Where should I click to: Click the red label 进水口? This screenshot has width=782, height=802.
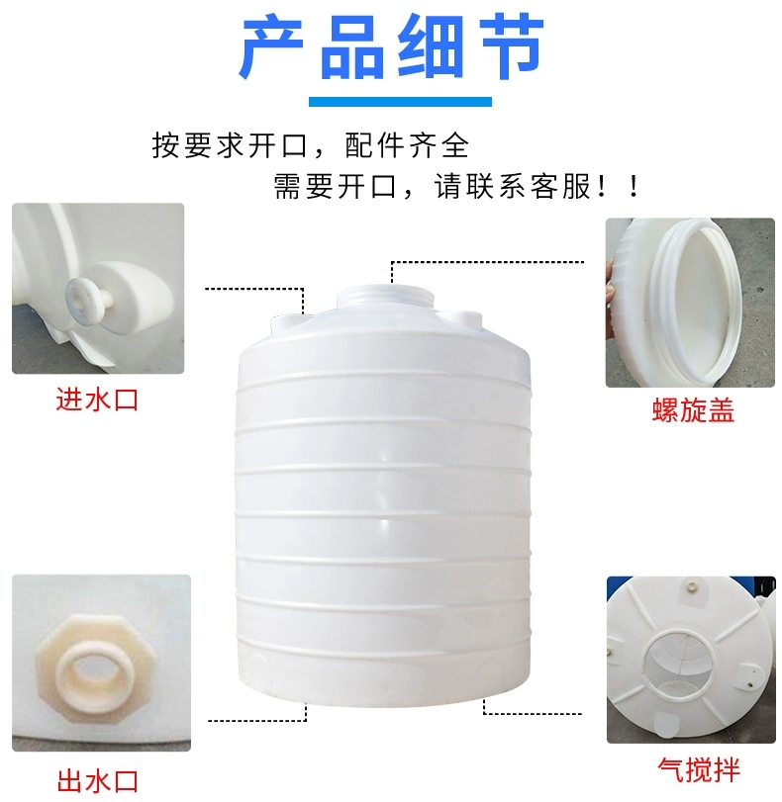97,400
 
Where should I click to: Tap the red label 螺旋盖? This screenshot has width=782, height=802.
693,409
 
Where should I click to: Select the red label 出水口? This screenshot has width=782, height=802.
98,781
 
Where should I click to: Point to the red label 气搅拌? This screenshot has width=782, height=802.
699,770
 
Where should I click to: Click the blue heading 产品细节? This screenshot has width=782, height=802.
391,47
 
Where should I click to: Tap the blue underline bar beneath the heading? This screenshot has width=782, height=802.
400,102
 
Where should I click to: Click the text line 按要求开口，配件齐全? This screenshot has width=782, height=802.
311,145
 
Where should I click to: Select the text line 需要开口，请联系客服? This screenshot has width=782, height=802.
456,186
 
